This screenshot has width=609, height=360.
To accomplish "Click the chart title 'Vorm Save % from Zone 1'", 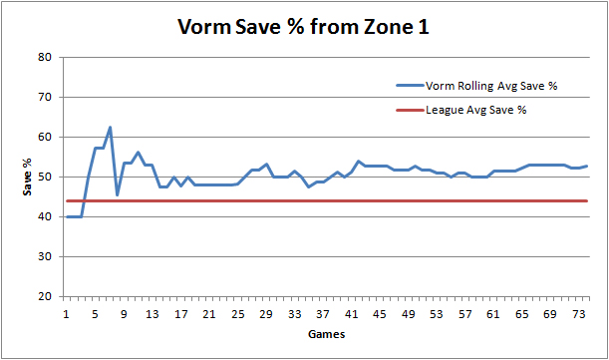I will tap(304, 27).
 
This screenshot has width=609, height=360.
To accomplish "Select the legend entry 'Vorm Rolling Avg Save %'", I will tap(490, 86).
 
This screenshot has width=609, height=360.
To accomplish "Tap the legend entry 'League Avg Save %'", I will tap(475, 109).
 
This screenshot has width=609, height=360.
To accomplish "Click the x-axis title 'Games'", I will tap(327, 334).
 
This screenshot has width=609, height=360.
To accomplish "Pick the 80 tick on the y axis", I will tap(44, 57).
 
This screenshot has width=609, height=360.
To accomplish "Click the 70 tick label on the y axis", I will tap(44, 97).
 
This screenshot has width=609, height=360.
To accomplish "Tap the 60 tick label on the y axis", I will tap(44, 137).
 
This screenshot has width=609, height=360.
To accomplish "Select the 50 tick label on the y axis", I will tap(44, 177).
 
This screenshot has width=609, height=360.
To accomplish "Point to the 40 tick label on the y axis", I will tap(44, 216).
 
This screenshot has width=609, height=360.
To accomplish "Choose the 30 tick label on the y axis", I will tap(44, 256).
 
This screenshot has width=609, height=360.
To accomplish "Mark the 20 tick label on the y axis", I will tap(44, 296).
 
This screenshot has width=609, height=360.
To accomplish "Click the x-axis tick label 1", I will tap(67, 312).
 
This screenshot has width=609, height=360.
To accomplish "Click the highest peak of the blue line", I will tap(110, 128).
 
